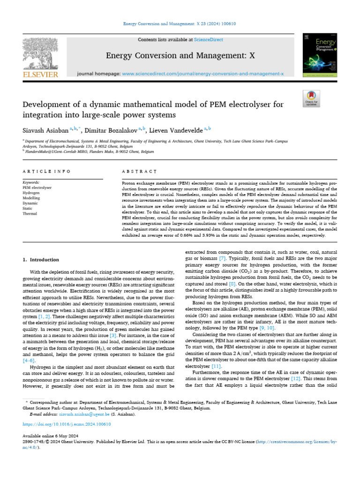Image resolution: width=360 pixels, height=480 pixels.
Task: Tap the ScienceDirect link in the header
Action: tap(210, 40)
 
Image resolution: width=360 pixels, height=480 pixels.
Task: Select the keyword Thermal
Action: tap(29, 213)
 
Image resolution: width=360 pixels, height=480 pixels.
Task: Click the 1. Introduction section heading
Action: tap(41, 259)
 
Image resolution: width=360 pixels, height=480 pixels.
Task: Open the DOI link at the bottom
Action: tap(67, 424)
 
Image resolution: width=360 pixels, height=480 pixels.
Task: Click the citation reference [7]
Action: tap(222, 258)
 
